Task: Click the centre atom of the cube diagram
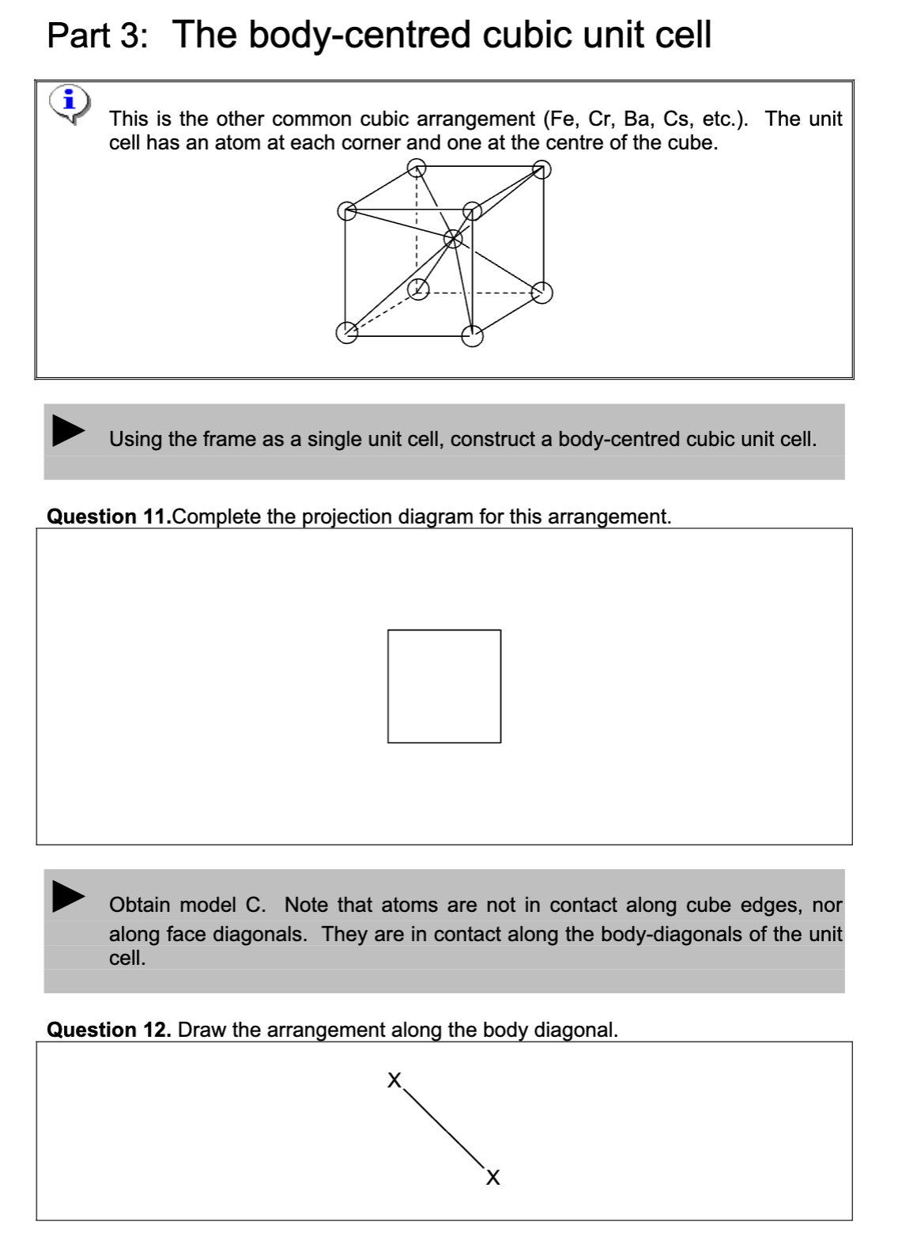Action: (453, 238)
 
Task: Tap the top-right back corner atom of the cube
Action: (541, 168)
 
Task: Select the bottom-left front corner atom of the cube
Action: (346, 334)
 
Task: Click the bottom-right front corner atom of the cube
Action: (472, 336)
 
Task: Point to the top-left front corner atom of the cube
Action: (346, 210)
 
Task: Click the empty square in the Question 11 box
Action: (443, 686)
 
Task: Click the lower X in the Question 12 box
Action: (492, 1178)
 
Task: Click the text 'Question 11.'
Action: (108, 517)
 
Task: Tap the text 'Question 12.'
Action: (109, 1030)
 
